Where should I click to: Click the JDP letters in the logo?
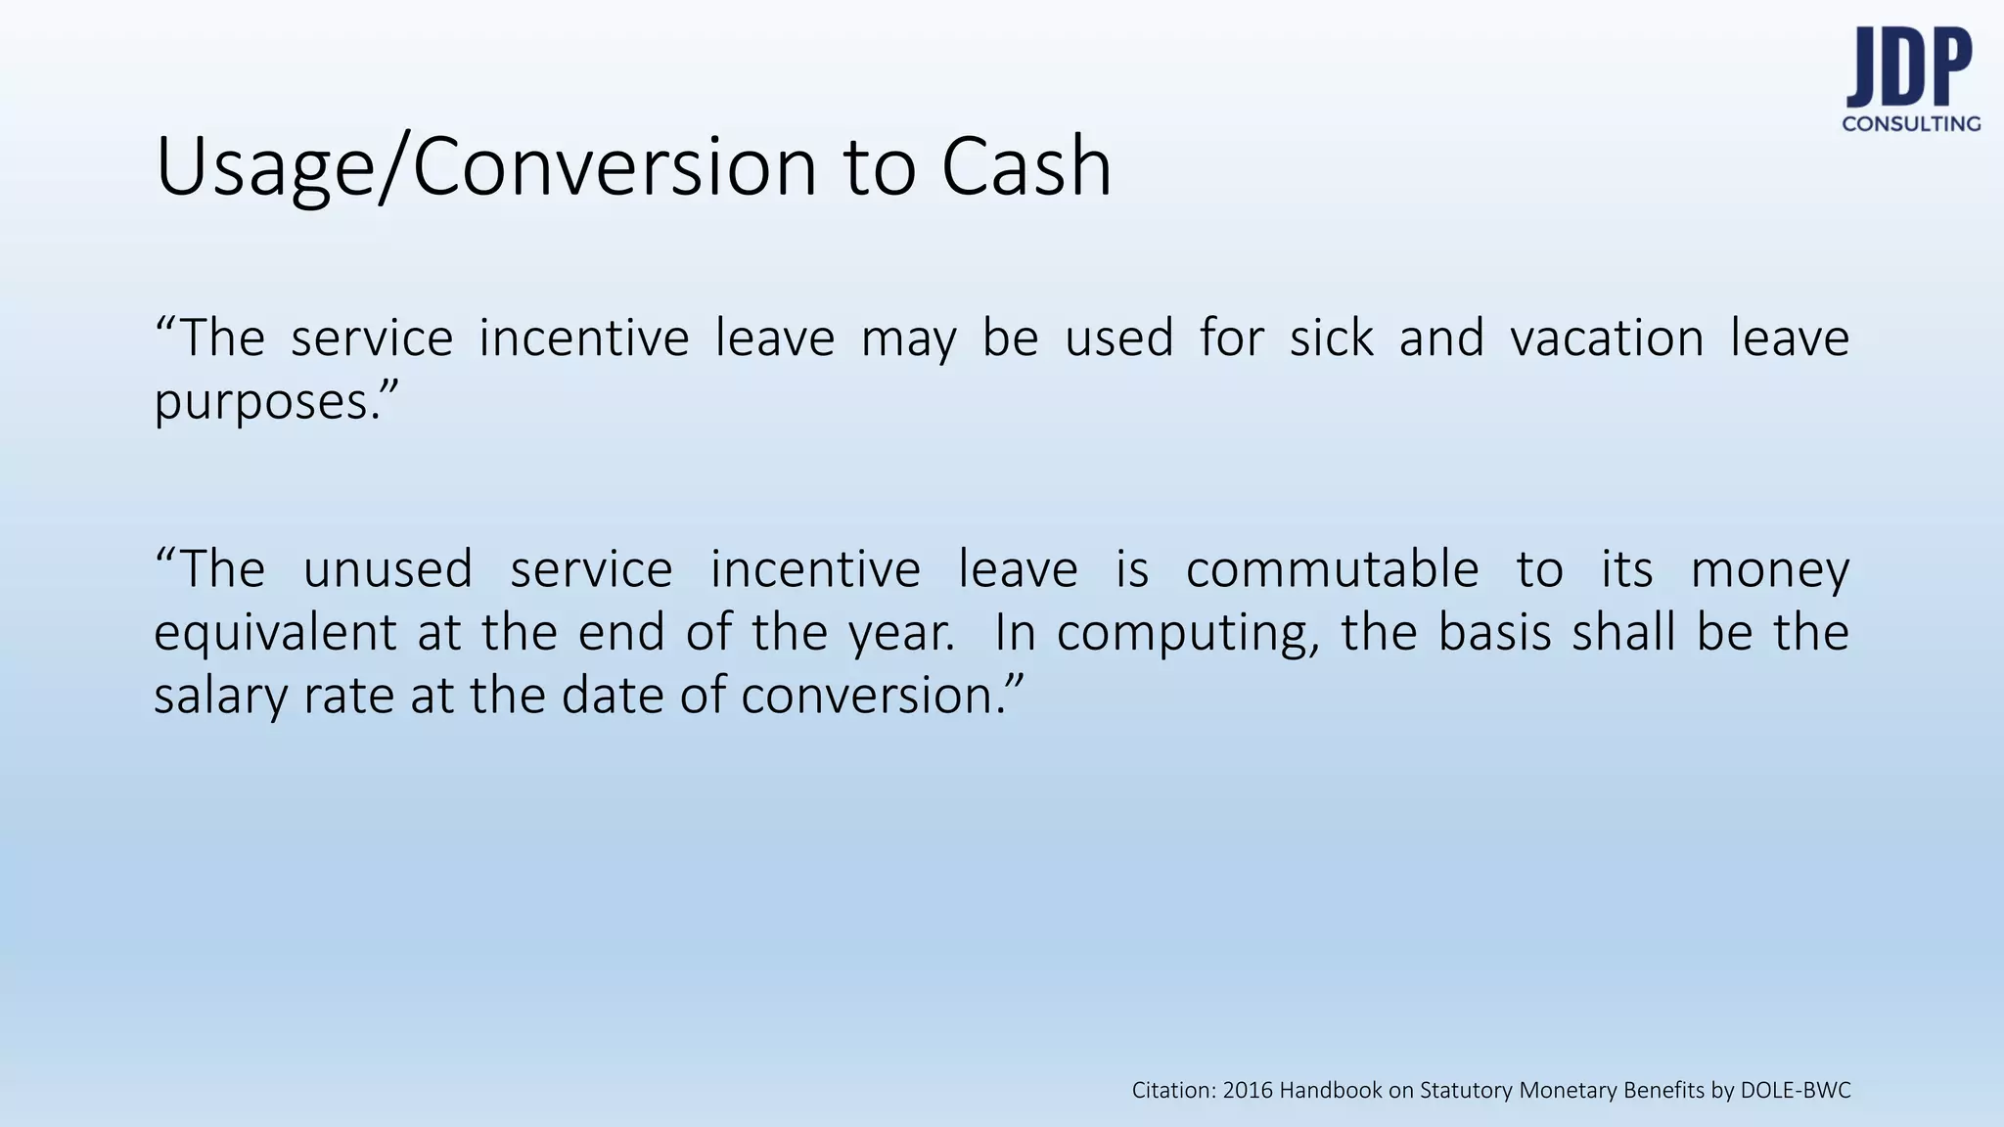(x=1908, y=68)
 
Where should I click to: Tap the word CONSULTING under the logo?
(x=1911, y=124)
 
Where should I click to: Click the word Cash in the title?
(x=1026, y=166)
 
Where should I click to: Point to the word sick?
(x=1331, y=338)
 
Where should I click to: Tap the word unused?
(x=387, y=569)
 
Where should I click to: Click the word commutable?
(x=1332, y=569)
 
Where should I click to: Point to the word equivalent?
(x=275, y=634)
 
